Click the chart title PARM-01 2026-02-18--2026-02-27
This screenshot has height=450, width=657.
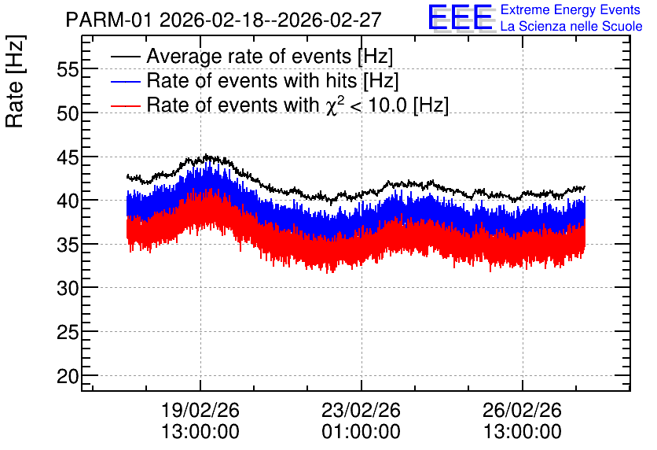(x=223, y=20)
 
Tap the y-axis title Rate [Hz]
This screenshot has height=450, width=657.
(x=15, y=81)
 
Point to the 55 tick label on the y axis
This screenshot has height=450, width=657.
(x=68, y=69)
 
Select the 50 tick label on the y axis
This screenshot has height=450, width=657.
(x=68, y=113)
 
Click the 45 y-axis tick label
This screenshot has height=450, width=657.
(x=68, y=157)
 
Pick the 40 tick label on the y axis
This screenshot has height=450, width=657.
(x=68, y=201)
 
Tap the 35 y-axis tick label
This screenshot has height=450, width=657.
(x=68, y=245)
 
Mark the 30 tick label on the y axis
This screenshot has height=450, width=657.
(x=68, y=289)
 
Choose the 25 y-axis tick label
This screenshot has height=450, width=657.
(x=68, y=333)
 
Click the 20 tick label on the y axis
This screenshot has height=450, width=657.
(x=68, y=376)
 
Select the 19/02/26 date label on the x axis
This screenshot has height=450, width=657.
(x=200, y=410)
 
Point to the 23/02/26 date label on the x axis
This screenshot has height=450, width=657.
(x=362, y=410)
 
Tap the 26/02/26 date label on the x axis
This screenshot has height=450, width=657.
(x=522, y=410)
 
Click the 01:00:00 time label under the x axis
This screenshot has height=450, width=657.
(x=362, y=431)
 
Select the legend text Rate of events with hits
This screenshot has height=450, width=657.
(x=251, y=80)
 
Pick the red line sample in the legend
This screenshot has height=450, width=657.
(x=126, y=105)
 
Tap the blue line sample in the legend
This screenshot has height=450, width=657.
(x=126, y=81)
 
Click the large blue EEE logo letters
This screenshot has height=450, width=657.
(x=461, y=17)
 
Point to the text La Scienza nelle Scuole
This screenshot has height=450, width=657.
(x=571, y=27)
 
